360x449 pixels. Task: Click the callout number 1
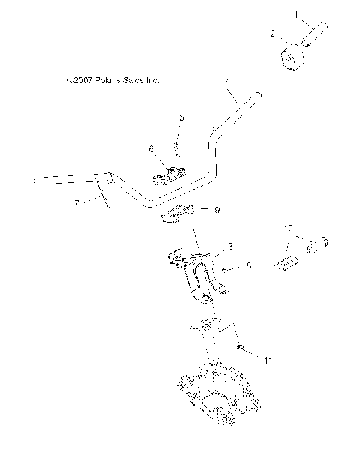(x=295, y=14)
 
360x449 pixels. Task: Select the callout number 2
(x=274, y=33)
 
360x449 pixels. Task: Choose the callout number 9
(x=217, y=211)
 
